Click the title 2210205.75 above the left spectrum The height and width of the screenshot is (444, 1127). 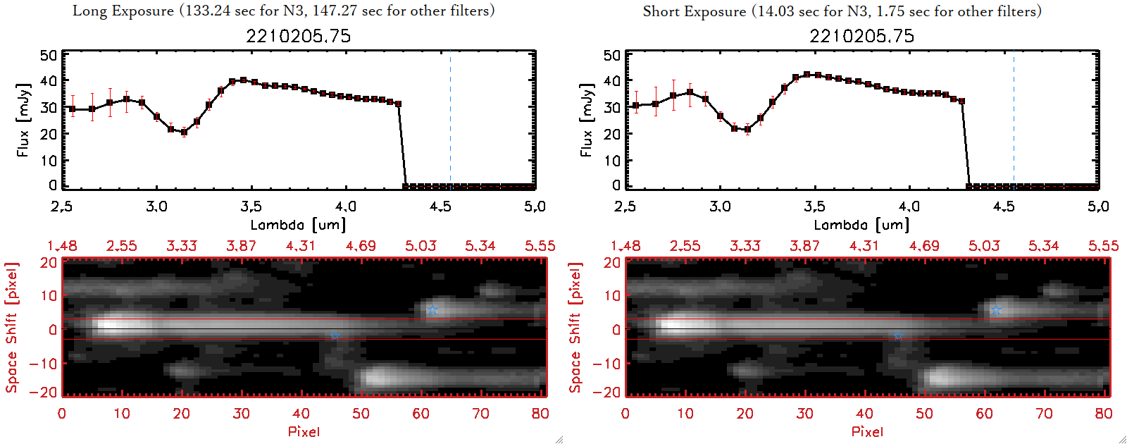pos(298,36)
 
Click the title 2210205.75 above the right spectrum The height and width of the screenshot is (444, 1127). pos(861,36)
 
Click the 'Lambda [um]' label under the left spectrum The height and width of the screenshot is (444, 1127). pos(298,225)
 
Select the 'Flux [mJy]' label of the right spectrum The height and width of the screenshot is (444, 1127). pos(586,120)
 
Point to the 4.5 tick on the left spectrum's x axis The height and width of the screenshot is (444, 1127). pos(440,206)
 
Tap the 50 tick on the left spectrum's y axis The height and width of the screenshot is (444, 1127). pos(49,56)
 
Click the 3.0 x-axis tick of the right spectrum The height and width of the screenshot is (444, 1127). pos(720,206)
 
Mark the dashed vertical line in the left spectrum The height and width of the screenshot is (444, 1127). pos(450,120)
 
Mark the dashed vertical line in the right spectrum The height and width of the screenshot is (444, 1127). pos(1014,120)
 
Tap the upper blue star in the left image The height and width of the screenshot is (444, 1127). pos(432,310)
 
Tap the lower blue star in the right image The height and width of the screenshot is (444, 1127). pos(897,336)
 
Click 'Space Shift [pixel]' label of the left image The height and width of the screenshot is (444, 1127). pos(11,328)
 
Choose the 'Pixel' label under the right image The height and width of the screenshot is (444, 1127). pos(867,431)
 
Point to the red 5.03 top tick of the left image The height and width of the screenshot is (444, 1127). pos(421,246)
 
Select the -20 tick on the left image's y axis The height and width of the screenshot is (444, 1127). pos(48,392)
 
